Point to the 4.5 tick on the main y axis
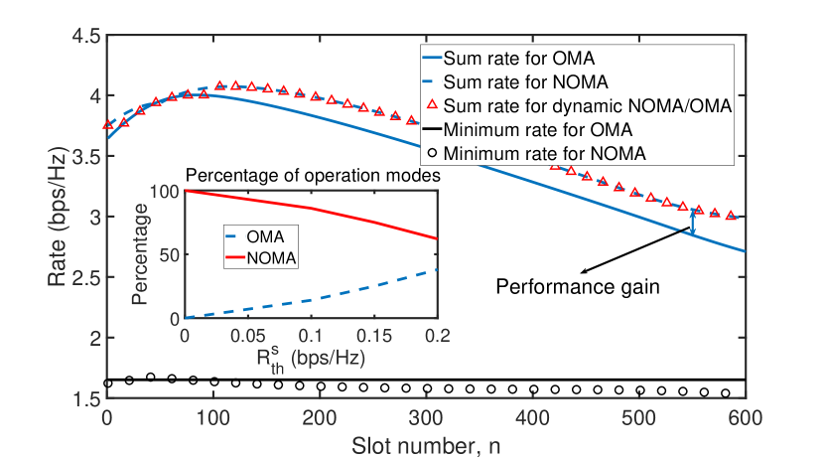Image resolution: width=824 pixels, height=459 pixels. (87, 37)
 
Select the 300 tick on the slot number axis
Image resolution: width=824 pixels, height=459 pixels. (426, 417)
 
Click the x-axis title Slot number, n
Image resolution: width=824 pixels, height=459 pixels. (426, 445)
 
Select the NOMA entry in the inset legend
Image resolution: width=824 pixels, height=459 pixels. (277, 258)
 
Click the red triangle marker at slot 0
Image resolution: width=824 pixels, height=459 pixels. (107, 124)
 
